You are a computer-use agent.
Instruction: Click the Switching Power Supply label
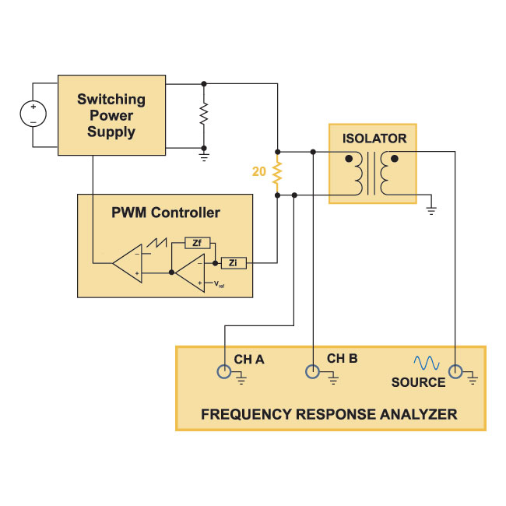coord(111,115)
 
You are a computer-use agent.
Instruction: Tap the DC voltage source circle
coord(33,114)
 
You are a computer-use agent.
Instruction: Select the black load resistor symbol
coord(204,114)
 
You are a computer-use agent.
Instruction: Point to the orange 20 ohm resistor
coord(277,174)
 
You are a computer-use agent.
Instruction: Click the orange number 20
coord(258,171)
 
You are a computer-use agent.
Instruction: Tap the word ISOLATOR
coord(374,139)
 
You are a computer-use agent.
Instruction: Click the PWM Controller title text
coord(166,213)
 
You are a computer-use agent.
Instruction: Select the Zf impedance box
coord(197,243)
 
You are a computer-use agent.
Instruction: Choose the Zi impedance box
coord(234,263)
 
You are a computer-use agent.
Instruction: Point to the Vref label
coord(219,284)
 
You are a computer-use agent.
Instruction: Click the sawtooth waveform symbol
coord(156,243)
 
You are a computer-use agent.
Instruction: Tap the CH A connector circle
coord(224,371)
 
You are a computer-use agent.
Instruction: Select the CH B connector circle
coord(312,371)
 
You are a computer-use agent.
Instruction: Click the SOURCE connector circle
coord(455,371)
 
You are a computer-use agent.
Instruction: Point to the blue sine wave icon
coord(427,363)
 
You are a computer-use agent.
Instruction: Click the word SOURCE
coord(418,382)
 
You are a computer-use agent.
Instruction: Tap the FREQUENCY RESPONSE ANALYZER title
coord(329,414)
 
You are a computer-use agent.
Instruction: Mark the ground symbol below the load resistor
coord(204,157)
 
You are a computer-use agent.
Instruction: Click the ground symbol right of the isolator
coord(431,211)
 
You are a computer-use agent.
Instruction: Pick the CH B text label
coord(343,359)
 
